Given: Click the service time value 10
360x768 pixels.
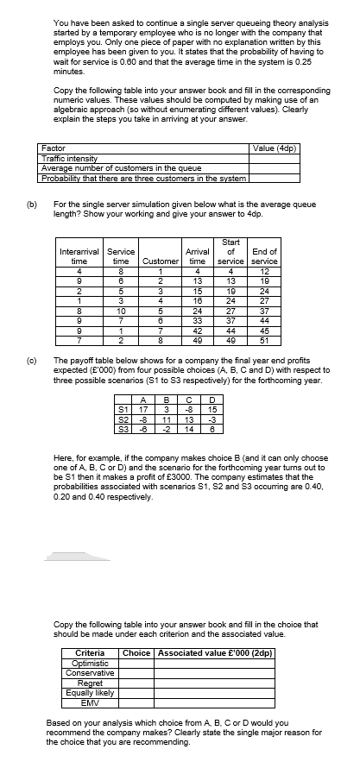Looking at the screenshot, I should point(121,308).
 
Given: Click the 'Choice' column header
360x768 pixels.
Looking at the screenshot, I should point(138,652).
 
